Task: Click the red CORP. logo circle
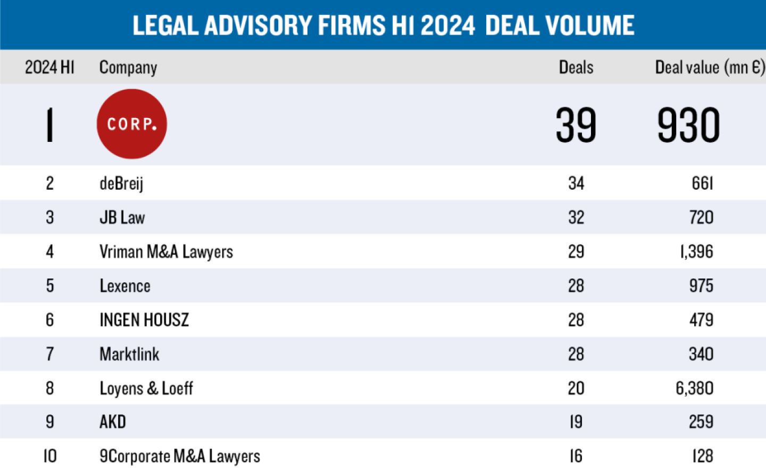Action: click(x=131, y=124)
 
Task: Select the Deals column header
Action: click(x=576, y=68)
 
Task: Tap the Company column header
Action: click(x=128, y=68)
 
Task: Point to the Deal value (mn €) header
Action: click(x=710, y=68)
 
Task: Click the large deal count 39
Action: click(x=576, y=125)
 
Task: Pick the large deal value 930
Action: click(x=688, y=125)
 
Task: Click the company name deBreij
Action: click(x=121, y=183)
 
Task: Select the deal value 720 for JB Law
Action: click(x=701, y=217)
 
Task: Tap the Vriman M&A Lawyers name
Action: click(x=166, y=251)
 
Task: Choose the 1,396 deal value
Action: click(x=696, y=251)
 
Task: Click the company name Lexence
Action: click(x=125, y=286)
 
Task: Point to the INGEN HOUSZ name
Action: click(x=144, y=320)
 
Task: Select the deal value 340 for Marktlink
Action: click(x=701, y=354)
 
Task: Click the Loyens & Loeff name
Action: click(x=146, y=389)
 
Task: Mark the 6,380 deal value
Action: click(x=694, y=389)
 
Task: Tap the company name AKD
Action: click(x=113, y=422)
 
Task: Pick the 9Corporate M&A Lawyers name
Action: click(x=180, y=456)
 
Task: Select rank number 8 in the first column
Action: click(x=49, y=389)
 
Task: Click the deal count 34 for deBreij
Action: click(x=576, y=183)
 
